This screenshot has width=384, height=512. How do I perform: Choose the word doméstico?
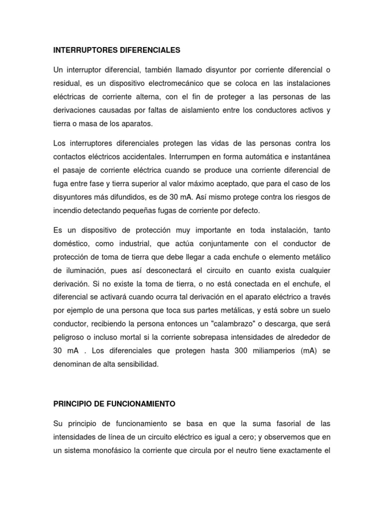point(71,243)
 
